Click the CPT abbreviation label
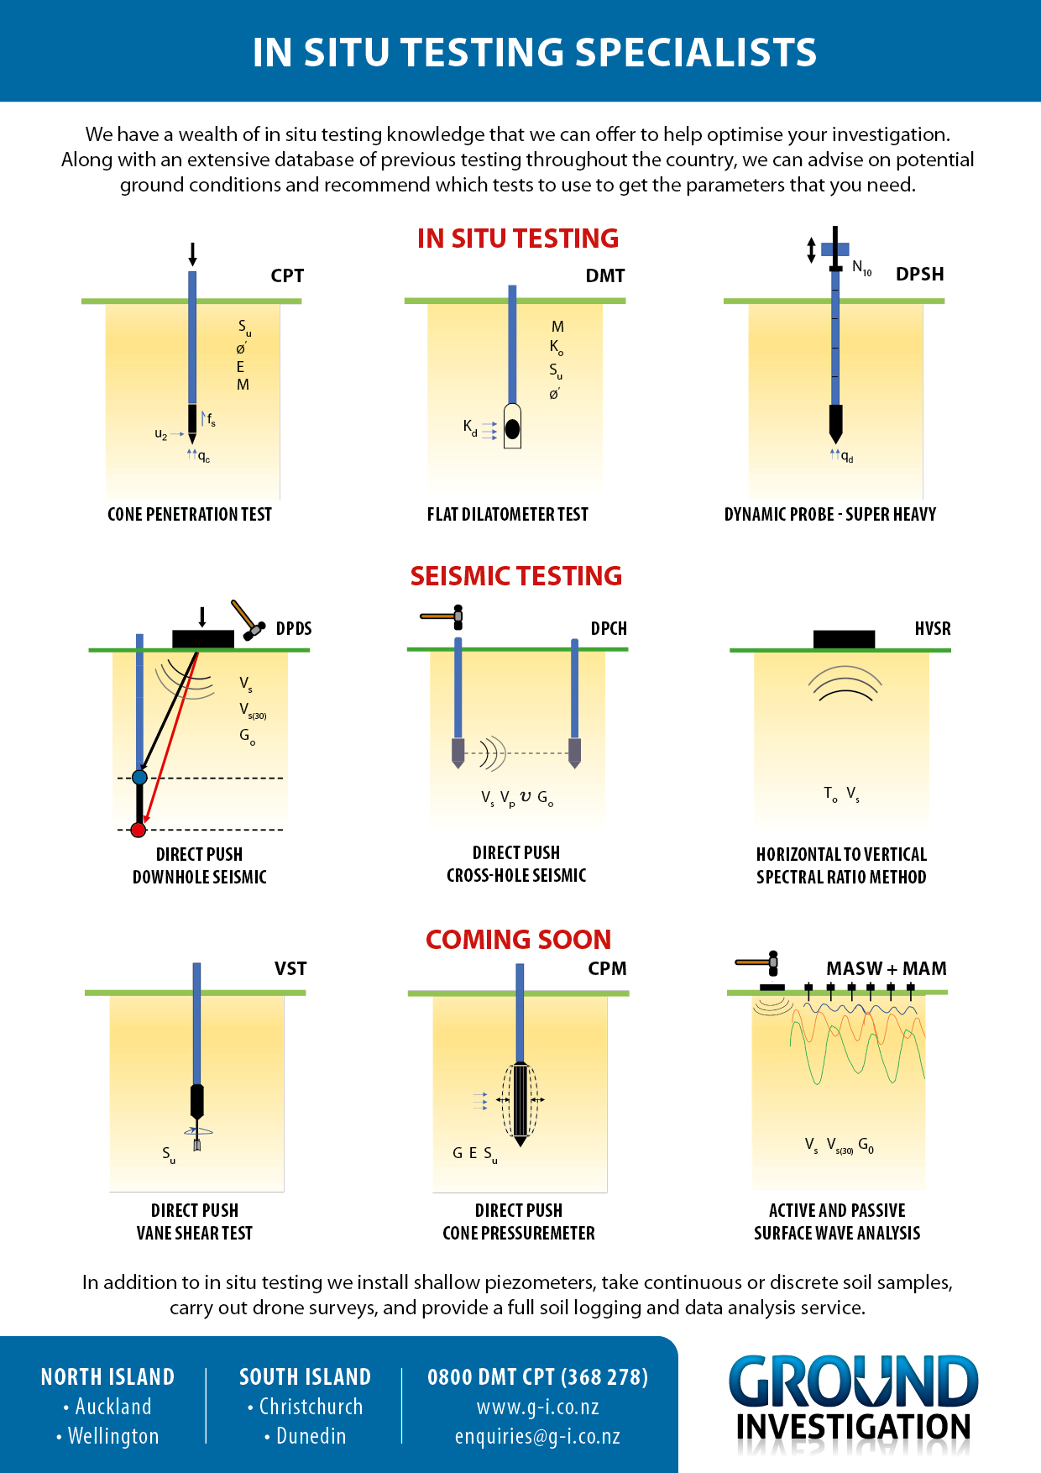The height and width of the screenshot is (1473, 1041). (287, 275)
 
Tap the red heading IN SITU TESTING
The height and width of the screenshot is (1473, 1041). (517, 239)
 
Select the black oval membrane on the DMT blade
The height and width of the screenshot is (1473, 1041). (512, 429)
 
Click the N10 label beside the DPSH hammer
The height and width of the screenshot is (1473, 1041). (861, 268)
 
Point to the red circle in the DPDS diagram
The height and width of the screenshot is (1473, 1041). (139, 830)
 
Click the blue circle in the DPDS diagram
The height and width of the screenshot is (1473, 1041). (140, 778)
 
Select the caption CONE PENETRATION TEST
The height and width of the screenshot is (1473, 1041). (190, 514)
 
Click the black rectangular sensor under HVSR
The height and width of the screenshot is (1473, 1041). (844, 639)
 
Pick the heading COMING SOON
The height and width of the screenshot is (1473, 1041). (518, 939)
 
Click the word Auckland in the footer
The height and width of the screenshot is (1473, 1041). (113, 1407)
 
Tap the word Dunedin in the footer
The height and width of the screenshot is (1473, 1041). (311, 1436)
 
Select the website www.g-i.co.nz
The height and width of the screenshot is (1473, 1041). (537, 1407)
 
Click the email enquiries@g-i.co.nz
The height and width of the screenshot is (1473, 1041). (537, 1436)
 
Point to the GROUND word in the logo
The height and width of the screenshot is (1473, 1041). (853, 1382)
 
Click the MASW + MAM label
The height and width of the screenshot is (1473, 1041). (886, 968)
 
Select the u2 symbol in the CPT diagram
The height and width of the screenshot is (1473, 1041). (161, 434)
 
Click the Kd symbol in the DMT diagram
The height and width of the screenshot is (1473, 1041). (470, 427)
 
